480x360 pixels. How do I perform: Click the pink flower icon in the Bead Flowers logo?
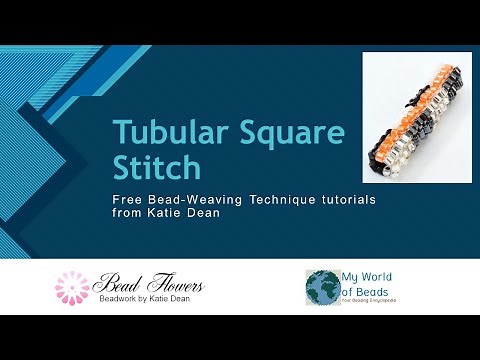tap(71, 287)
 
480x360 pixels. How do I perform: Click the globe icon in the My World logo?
tap(324, 286)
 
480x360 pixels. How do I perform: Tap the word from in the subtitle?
tap(126, 213)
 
